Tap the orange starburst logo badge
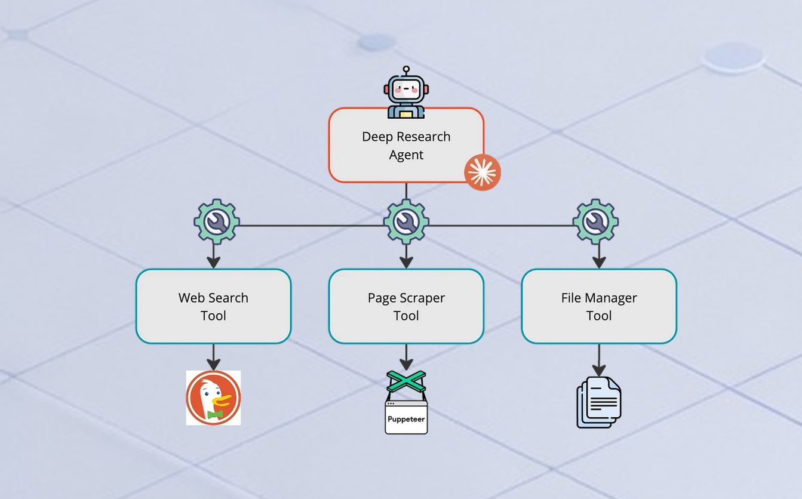point(483,173)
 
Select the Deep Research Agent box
point(406,145)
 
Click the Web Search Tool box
point(213,306)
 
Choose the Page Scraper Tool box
point(406,306)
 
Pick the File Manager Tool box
point(599,306)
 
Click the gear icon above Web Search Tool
point(217,222)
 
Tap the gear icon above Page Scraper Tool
point(406,222)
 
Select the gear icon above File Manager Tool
point(595,222)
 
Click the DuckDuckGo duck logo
point(213,398)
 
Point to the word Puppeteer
point(406,419)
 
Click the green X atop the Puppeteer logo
point(406,381)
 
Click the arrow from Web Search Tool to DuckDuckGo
point(213,356)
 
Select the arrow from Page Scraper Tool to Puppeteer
point(406,356)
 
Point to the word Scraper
point(422,298)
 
